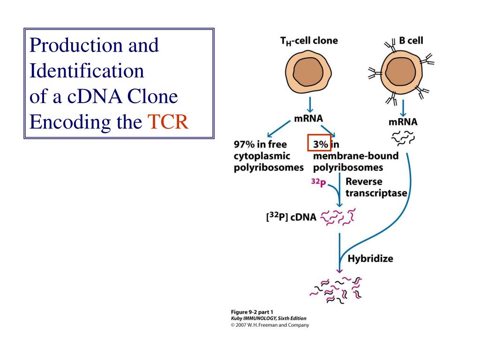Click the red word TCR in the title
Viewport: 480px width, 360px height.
(168, 122)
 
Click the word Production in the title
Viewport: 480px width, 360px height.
(77, 45)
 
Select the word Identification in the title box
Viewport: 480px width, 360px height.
(87, 71)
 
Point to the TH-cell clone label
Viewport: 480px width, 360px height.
(309, 41)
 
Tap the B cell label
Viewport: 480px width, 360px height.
(411, 40)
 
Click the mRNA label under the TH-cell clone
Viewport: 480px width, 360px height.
(308, 118)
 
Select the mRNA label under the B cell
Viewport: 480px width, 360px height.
(403, 122)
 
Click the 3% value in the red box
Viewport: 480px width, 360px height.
(321, 144)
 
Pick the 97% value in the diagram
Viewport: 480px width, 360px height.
(244, 144)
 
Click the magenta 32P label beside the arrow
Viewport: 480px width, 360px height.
(319, 182)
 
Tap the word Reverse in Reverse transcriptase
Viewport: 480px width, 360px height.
(364, 181)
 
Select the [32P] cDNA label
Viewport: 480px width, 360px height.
(291, 217)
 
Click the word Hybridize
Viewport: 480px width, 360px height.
(370, 259)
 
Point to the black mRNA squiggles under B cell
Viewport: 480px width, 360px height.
(403, 137)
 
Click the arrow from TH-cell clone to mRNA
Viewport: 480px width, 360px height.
(310, 105)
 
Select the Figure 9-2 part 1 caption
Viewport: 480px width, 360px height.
(252, 312)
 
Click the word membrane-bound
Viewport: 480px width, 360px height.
(356, 156)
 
